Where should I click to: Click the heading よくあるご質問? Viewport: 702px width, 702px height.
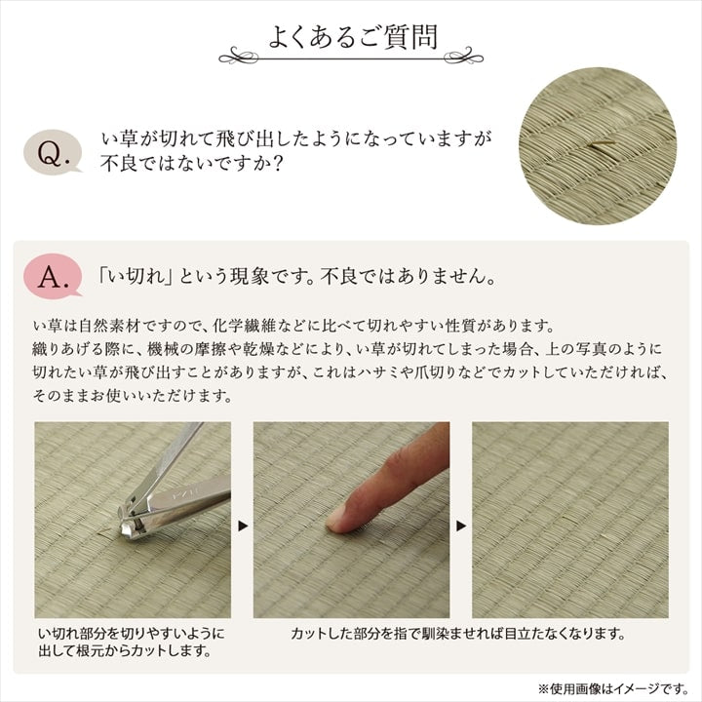click(352, 36)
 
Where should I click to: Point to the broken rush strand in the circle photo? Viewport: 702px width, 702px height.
click(603, 146)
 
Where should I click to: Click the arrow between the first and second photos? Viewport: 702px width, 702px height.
click(242, 526)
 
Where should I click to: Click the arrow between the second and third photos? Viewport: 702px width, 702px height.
click(460, 526)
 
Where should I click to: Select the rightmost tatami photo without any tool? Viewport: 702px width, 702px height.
click(569, 519)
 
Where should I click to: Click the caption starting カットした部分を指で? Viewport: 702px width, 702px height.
click(457, 635)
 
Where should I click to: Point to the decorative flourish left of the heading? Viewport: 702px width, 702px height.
click(244, 54)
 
